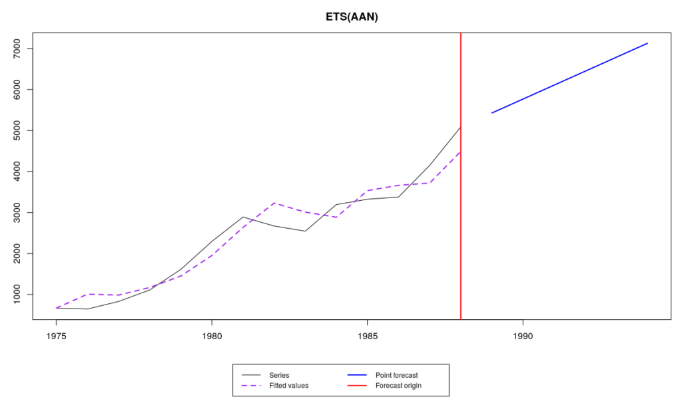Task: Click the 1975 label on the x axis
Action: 57,336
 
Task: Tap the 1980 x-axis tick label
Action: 212,336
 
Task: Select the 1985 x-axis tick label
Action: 368,336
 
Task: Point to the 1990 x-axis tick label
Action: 523,336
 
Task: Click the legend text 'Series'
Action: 279,375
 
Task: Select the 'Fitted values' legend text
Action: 288,386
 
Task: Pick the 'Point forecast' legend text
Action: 396,375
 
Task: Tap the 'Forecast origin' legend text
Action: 398,386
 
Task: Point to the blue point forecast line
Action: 569,78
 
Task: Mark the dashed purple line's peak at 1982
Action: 274,203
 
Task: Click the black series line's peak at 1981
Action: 243,217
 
